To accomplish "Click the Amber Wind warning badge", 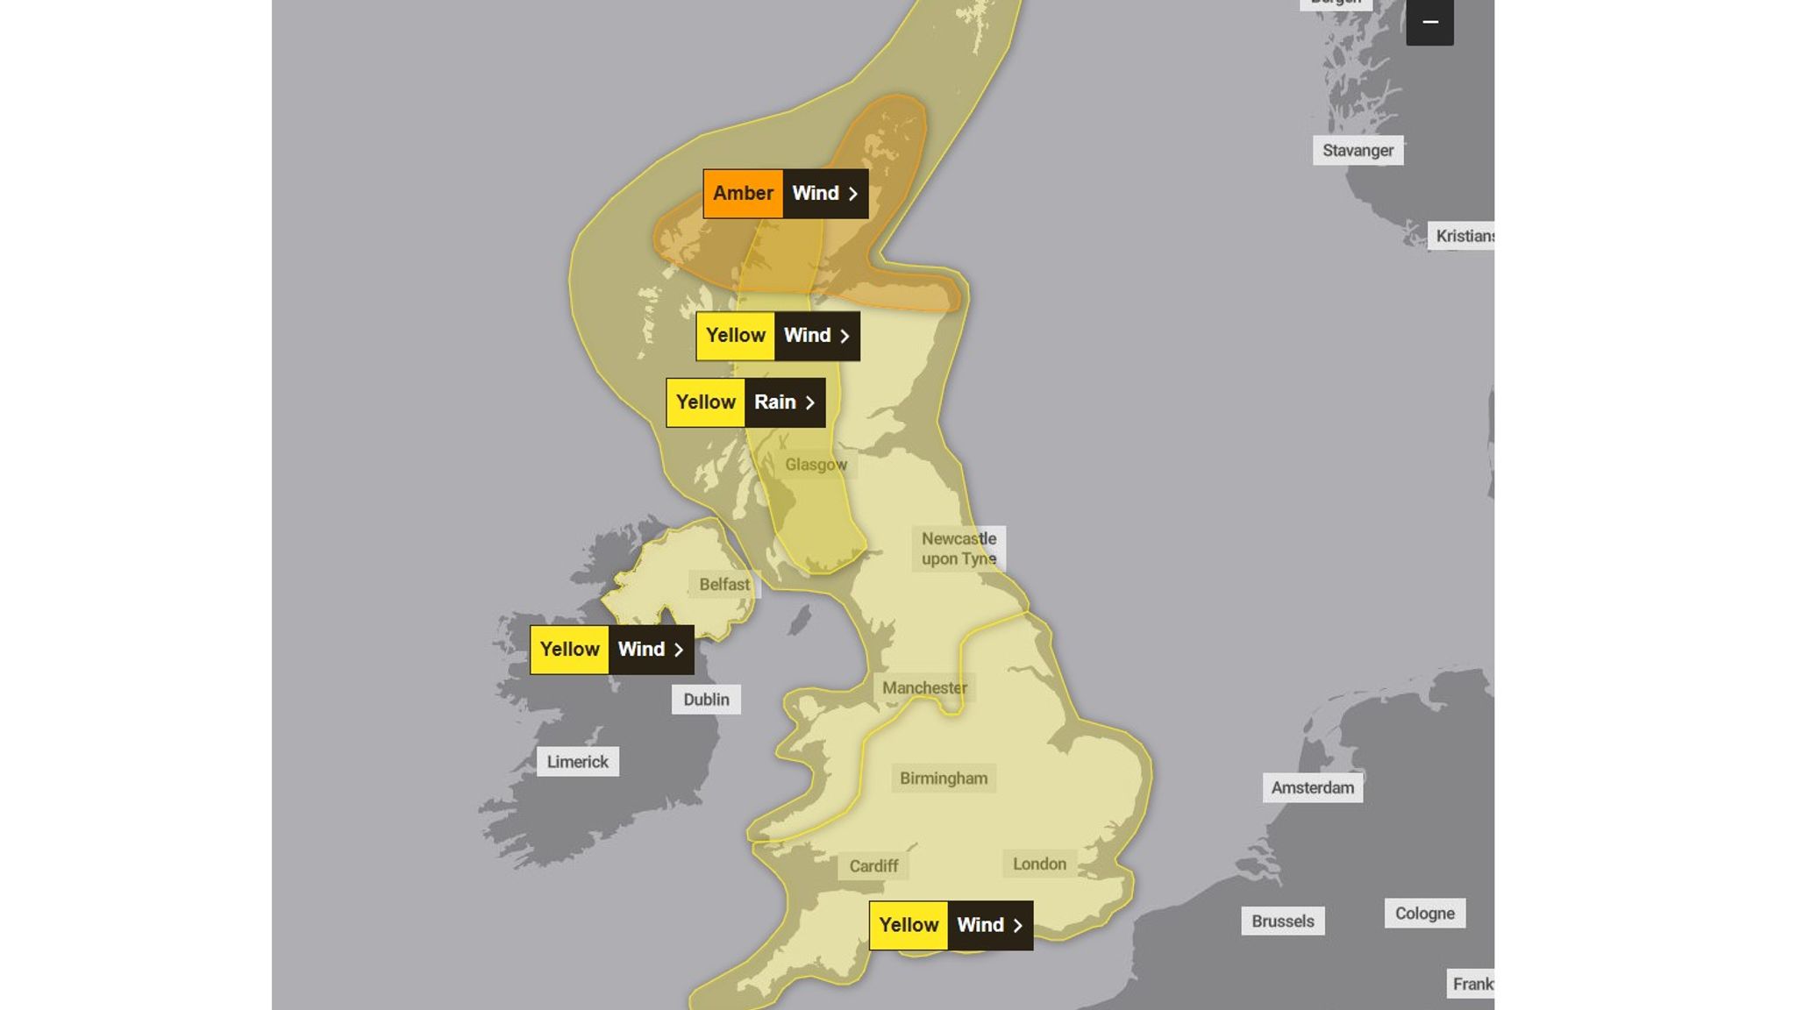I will tap(785, 194).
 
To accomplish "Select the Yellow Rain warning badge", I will tap(745, 402).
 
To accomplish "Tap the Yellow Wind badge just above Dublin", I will tap(611, 650).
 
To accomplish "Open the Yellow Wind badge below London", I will tap(951, 925).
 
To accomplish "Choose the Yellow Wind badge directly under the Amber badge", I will tap(777, 336).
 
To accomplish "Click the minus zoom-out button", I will tap(1429, 22).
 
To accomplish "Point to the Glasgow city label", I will tap(816, 465).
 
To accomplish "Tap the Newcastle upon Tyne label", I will tap(959, 549).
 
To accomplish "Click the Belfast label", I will tap(724, 585).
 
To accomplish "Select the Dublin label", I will tap(706, 700).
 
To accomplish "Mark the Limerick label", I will tap(577, 762).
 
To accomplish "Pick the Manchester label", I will tap(924, 688).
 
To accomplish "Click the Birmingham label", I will tap(944, 779).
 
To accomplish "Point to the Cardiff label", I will tap(873, 866).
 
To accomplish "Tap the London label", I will tap(1039, 864).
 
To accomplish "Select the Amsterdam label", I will tap(1312, 788).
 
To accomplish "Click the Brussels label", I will tap(1282, 921).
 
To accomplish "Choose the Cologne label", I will tap(1424, 914).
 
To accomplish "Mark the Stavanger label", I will tap(1358, 151).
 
